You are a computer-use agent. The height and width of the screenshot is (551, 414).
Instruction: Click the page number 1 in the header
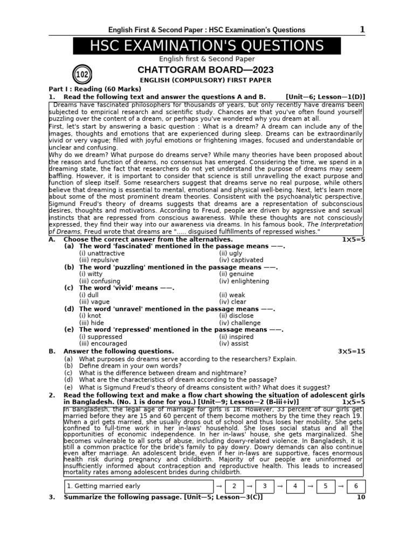(362, 30)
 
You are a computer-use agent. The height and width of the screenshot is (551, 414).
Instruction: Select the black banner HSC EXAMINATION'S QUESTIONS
(207, 46)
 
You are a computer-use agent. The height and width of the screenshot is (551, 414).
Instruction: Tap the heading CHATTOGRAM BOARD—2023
(205, 70)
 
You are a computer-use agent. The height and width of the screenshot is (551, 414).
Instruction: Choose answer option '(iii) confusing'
(99, 281)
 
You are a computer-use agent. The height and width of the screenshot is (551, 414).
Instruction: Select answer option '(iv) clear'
(232, 302)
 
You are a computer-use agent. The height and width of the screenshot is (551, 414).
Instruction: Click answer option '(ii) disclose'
(236, 316)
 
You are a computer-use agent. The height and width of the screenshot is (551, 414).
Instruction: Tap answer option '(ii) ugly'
(231, 253)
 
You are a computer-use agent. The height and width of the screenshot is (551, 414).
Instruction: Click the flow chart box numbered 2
(234, 486)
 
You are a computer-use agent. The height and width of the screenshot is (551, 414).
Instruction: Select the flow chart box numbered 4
(295, 486)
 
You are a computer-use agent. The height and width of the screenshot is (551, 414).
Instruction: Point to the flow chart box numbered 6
(356, 486)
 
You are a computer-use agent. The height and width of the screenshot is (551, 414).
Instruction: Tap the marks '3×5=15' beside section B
(351, 351)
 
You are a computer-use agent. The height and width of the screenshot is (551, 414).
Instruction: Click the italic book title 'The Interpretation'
(334, 224)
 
